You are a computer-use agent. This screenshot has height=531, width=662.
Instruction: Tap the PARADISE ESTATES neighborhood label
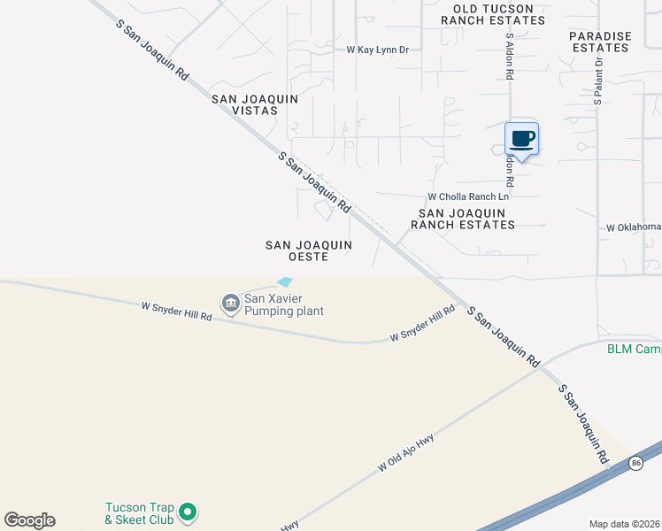click(x=600, y=42)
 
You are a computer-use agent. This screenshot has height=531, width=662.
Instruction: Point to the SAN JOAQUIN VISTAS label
click(x=244, y=104)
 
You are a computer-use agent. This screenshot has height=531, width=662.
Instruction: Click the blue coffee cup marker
click(x=521, y=139)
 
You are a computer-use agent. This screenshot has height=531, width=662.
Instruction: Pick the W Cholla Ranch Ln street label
click(x=469, y=196)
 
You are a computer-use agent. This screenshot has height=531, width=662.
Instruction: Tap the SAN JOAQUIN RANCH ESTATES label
click(x=466, y=219)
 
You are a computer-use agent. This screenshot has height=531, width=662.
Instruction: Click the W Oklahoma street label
click(x=634, y=227)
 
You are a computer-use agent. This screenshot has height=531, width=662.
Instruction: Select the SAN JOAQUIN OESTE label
click(x=310, y=250)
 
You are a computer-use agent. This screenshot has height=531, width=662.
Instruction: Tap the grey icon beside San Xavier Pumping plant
click(x=230, y=304)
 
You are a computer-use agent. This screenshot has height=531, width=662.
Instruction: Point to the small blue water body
click(x=284, y=282)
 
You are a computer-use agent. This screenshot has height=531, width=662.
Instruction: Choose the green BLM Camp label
click(x=634, y=349)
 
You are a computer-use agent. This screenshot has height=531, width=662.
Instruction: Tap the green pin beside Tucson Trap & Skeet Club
click(x=187, y=512)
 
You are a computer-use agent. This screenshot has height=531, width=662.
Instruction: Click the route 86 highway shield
click(x=635, y=463)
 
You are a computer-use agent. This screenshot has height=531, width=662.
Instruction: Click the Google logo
click(x=29, y=520)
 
